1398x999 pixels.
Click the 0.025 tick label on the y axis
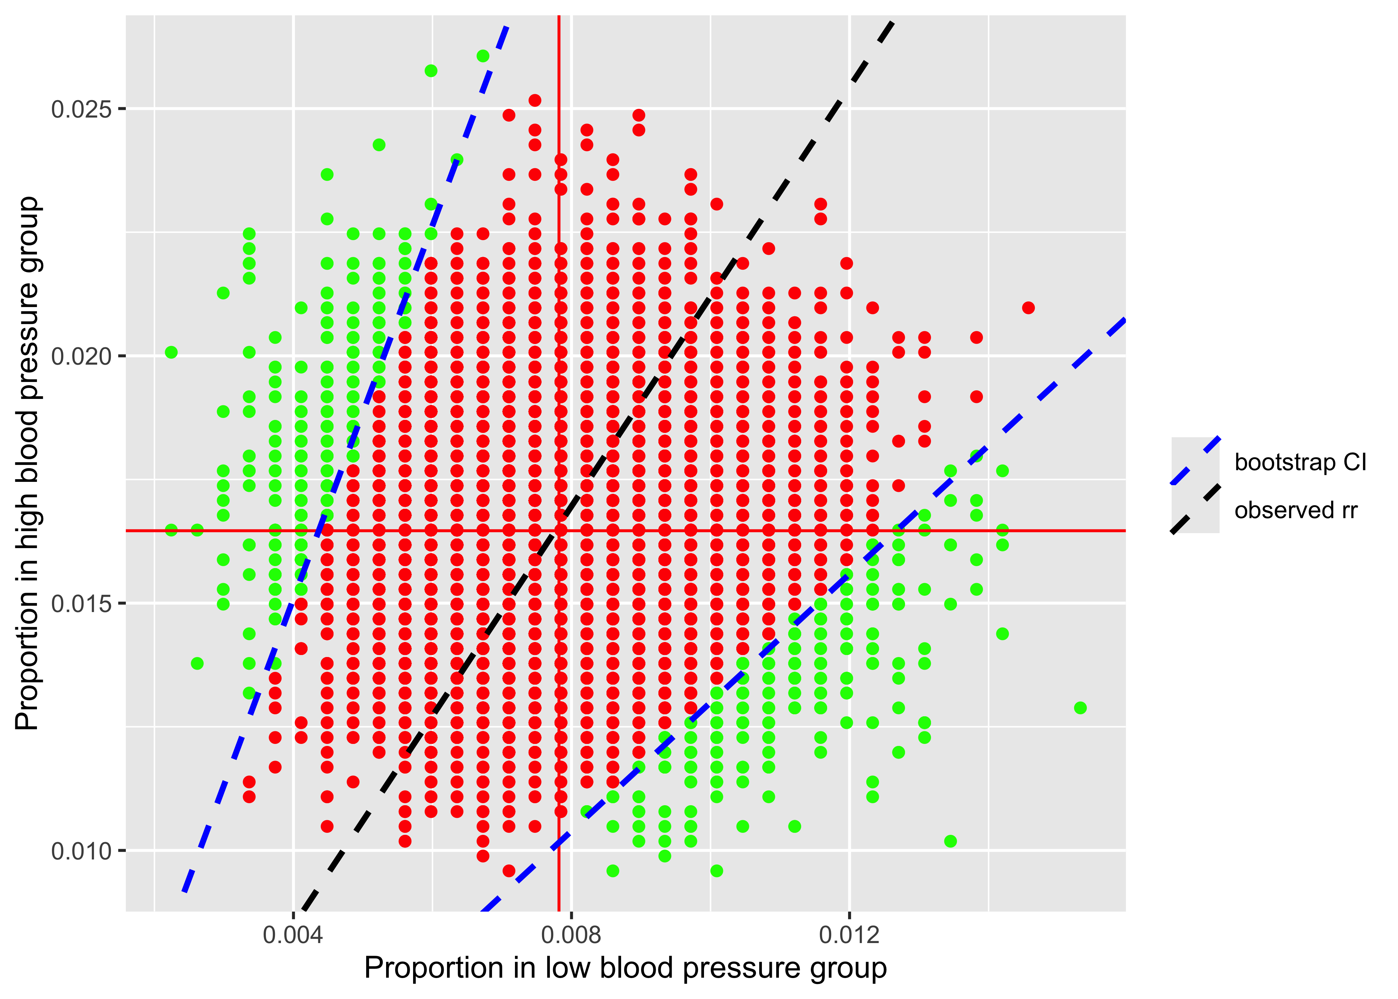(82, 110)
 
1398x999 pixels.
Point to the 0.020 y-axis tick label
(82, 356)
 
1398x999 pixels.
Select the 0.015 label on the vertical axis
(82, 603)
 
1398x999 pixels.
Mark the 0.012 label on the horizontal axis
(849, 935)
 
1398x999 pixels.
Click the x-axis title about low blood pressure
(625, 968)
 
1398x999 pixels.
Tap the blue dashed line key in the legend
(1195, 461)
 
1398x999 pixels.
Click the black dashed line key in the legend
(1195, 509)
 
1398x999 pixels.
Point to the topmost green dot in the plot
(483, 56)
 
